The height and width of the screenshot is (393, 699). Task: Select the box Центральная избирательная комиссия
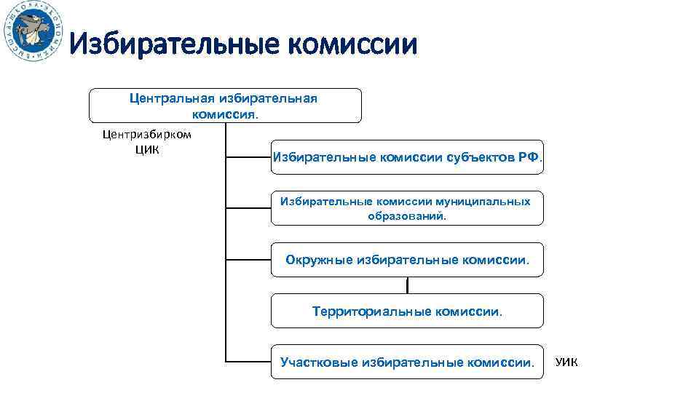coord(225,106)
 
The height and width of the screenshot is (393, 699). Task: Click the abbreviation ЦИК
coord(147,150)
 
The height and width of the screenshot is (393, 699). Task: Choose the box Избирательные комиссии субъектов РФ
coord(407,156)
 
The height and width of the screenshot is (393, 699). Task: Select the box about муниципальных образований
coord(407,208)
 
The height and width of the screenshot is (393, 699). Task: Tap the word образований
coord(407,216)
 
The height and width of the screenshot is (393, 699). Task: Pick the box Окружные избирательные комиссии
coord(407,260)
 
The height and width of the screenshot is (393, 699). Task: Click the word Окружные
coord(319,260)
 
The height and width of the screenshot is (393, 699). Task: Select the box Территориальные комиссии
coord(407,311)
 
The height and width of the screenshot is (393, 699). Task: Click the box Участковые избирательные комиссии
coord(407,362)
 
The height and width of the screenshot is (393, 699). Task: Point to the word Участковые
coord(317,362)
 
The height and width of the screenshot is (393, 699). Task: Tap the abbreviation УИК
coord(566,362)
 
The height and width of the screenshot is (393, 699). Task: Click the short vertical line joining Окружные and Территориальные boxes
coord(407,285)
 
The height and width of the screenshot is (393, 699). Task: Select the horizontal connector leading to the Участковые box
coord(248,362)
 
